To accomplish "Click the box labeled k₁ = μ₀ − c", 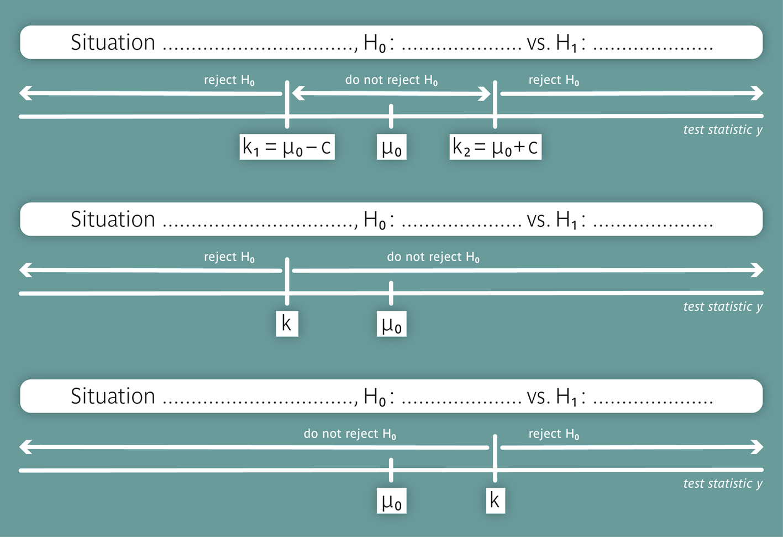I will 287,147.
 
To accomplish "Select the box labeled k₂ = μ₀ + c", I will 495,147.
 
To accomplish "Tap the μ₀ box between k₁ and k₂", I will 391,147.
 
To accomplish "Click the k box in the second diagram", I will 287,324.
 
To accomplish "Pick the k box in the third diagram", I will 495,500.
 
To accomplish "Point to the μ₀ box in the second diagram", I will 391,324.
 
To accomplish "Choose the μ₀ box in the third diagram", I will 391,501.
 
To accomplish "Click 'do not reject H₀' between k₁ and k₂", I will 391,80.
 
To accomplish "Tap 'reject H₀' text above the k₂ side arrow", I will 554,80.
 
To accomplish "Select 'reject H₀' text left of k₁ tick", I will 229,80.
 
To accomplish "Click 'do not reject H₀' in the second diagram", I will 433,257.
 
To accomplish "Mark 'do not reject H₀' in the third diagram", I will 350,434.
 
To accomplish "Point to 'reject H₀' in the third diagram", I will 554,434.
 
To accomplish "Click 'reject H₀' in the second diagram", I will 229,257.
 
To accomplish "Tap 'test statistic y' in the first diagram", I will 722,130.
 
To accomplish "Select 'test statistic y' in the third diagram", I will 722,484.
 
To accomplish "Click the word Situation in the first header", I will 113,43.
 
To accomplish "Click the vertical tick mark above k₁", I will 287,103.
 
